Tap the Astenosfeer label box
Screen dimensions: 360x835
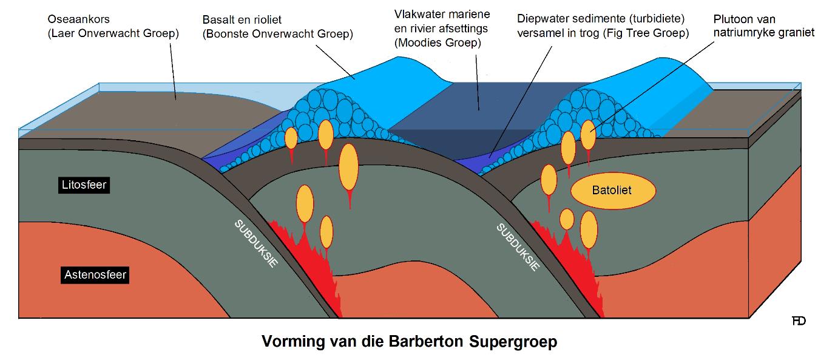pyautogui.click(x=95, y=274)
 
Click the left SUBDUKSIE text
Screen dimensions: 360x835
pyautogui.click(x=256, y=245)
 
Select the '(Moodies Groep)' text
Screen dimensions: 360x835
pyautogui.click(x=437, y=42)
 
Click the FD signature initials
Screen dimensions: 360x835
pyautogui.click(x=799, y=321)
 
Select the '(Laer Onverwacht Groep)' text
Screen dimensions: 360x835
pyautogui.click(x=113, y=34)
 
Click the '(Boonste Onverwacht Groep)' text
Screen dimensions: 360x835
pyautogui.click(x=277, y=34)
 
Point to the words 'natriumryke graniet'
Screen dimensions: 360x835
pyautogui.click(x=763, y=33)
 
